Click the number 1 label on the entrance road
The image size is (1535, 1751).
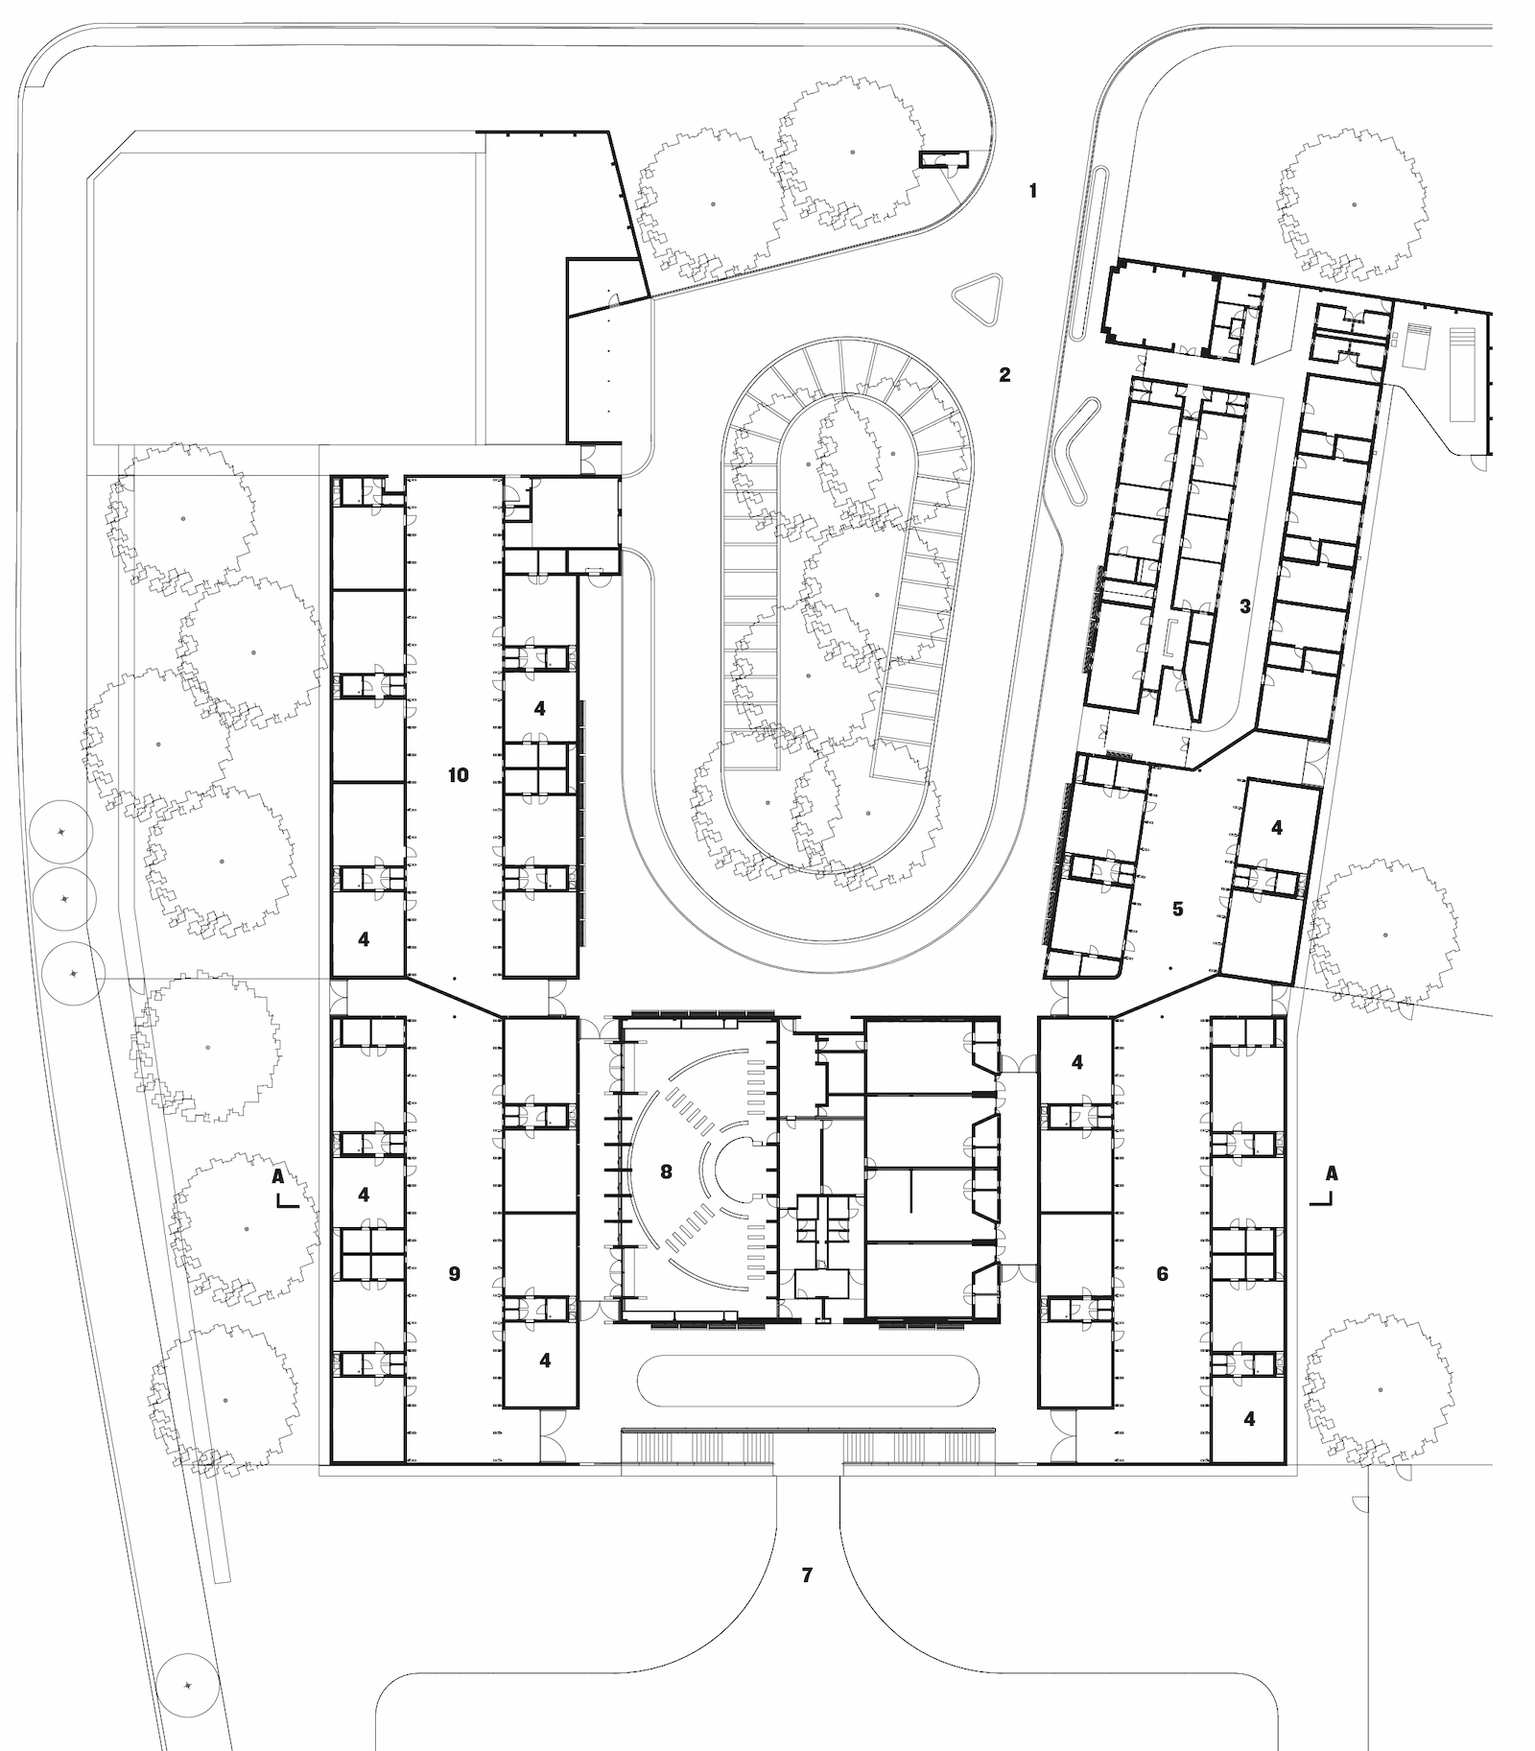tap(1032, 191)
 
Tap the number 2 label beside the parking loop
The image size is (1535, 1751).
tap(1004, 374)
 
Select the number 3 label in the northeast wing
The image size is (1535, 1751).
tap(1245, 606)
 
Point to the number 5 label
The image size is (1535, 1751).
tap(1178, 909)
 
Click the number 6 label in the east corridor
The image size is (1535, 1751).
tap(1163, 1273)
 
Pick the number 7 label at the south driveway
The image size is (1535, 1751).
tap(807, 1574)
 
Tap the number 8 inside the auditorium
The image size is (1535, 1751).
tap(667, 1171)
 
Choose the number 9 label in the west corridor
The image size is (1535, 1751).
tap(455, 1273)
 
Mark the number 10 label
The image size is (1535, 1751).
tap(459, 774)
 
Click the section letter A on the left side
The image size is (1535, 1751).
tap(277, 1174)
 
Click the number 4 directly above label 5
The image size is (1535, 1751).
tap(1276, 827)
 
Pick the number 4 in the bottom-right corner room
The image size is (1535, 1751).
tap(1249, 1418)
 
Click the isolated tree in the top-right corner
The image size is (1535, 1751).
tap(1353, 203)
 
